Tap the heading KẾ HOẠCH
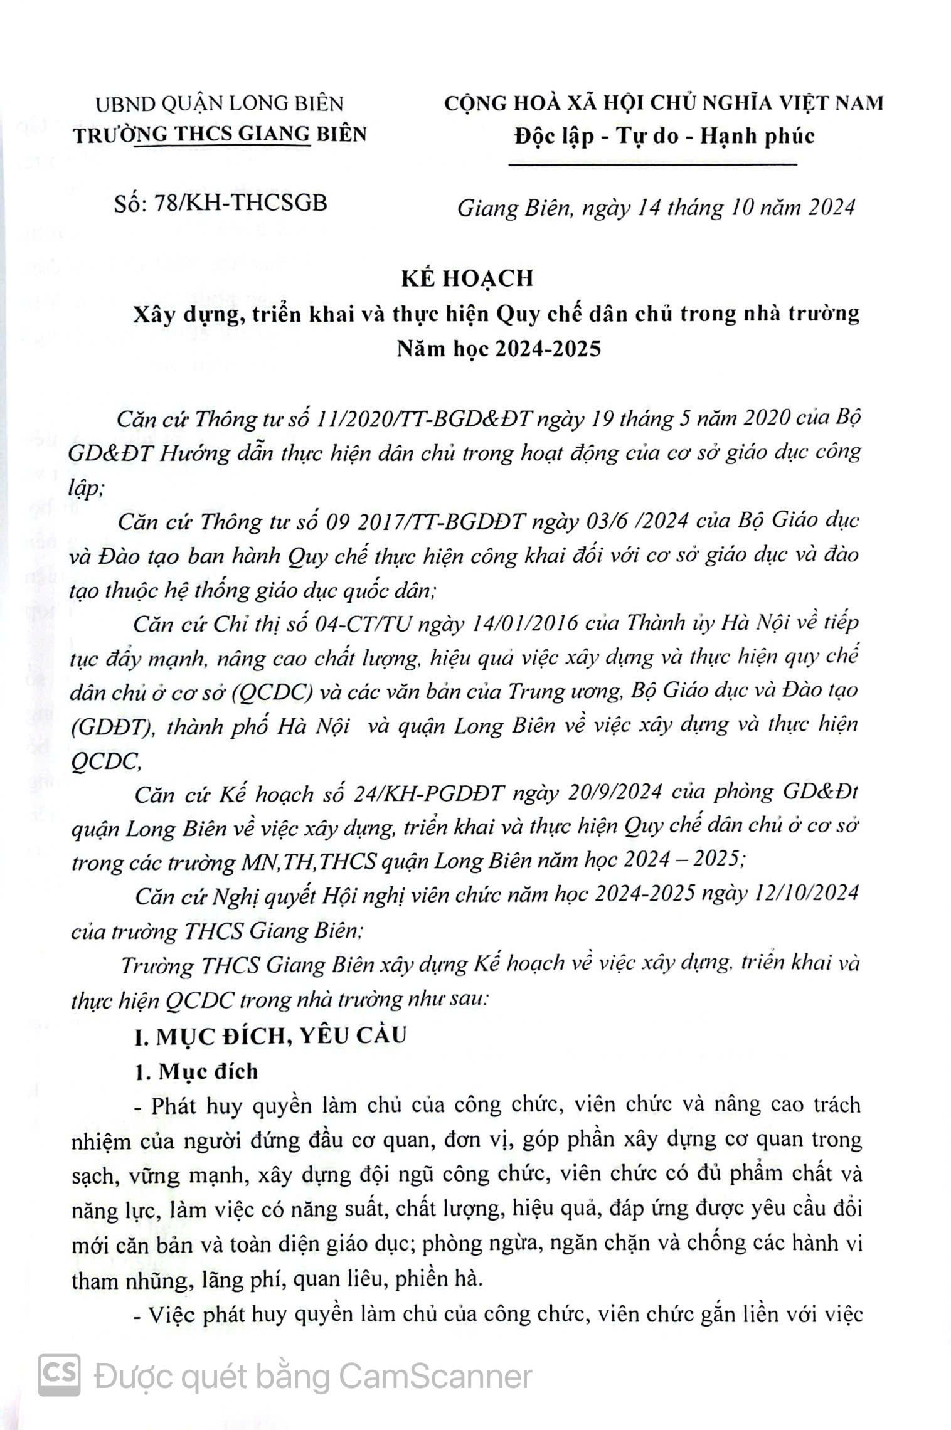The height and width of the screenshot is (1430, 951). coord(467,278)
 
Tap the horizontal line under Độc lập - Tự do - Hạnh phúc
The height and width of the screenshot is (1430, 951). coord(652,165)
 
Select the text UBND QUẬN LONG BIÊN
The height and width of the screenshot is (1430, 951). coord(220,103)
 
